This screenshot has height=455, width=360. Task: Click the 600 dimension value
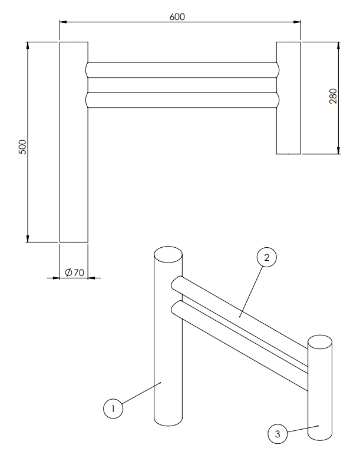[177, 17]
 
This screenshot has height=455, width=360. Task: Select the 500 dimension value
[22, 147]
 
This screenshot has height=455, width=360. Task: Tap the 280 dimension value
[333, 96]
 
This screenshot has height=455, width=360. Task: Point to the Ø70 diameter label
[75, 273]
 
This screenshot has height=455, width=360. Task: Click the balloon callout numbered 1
[113, 408]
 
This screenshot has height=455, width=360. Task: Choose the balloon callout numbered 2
[267, 257]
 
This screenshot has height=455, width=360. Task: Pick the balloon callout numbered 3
[278, 434]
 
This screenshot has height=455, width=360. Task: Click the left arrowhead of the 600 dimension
[64, 22]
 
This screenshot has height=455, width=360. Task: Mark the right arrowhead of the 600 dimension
[297, 22]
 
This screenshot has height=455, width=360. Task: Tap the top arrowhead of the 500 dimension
[28, 46]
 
